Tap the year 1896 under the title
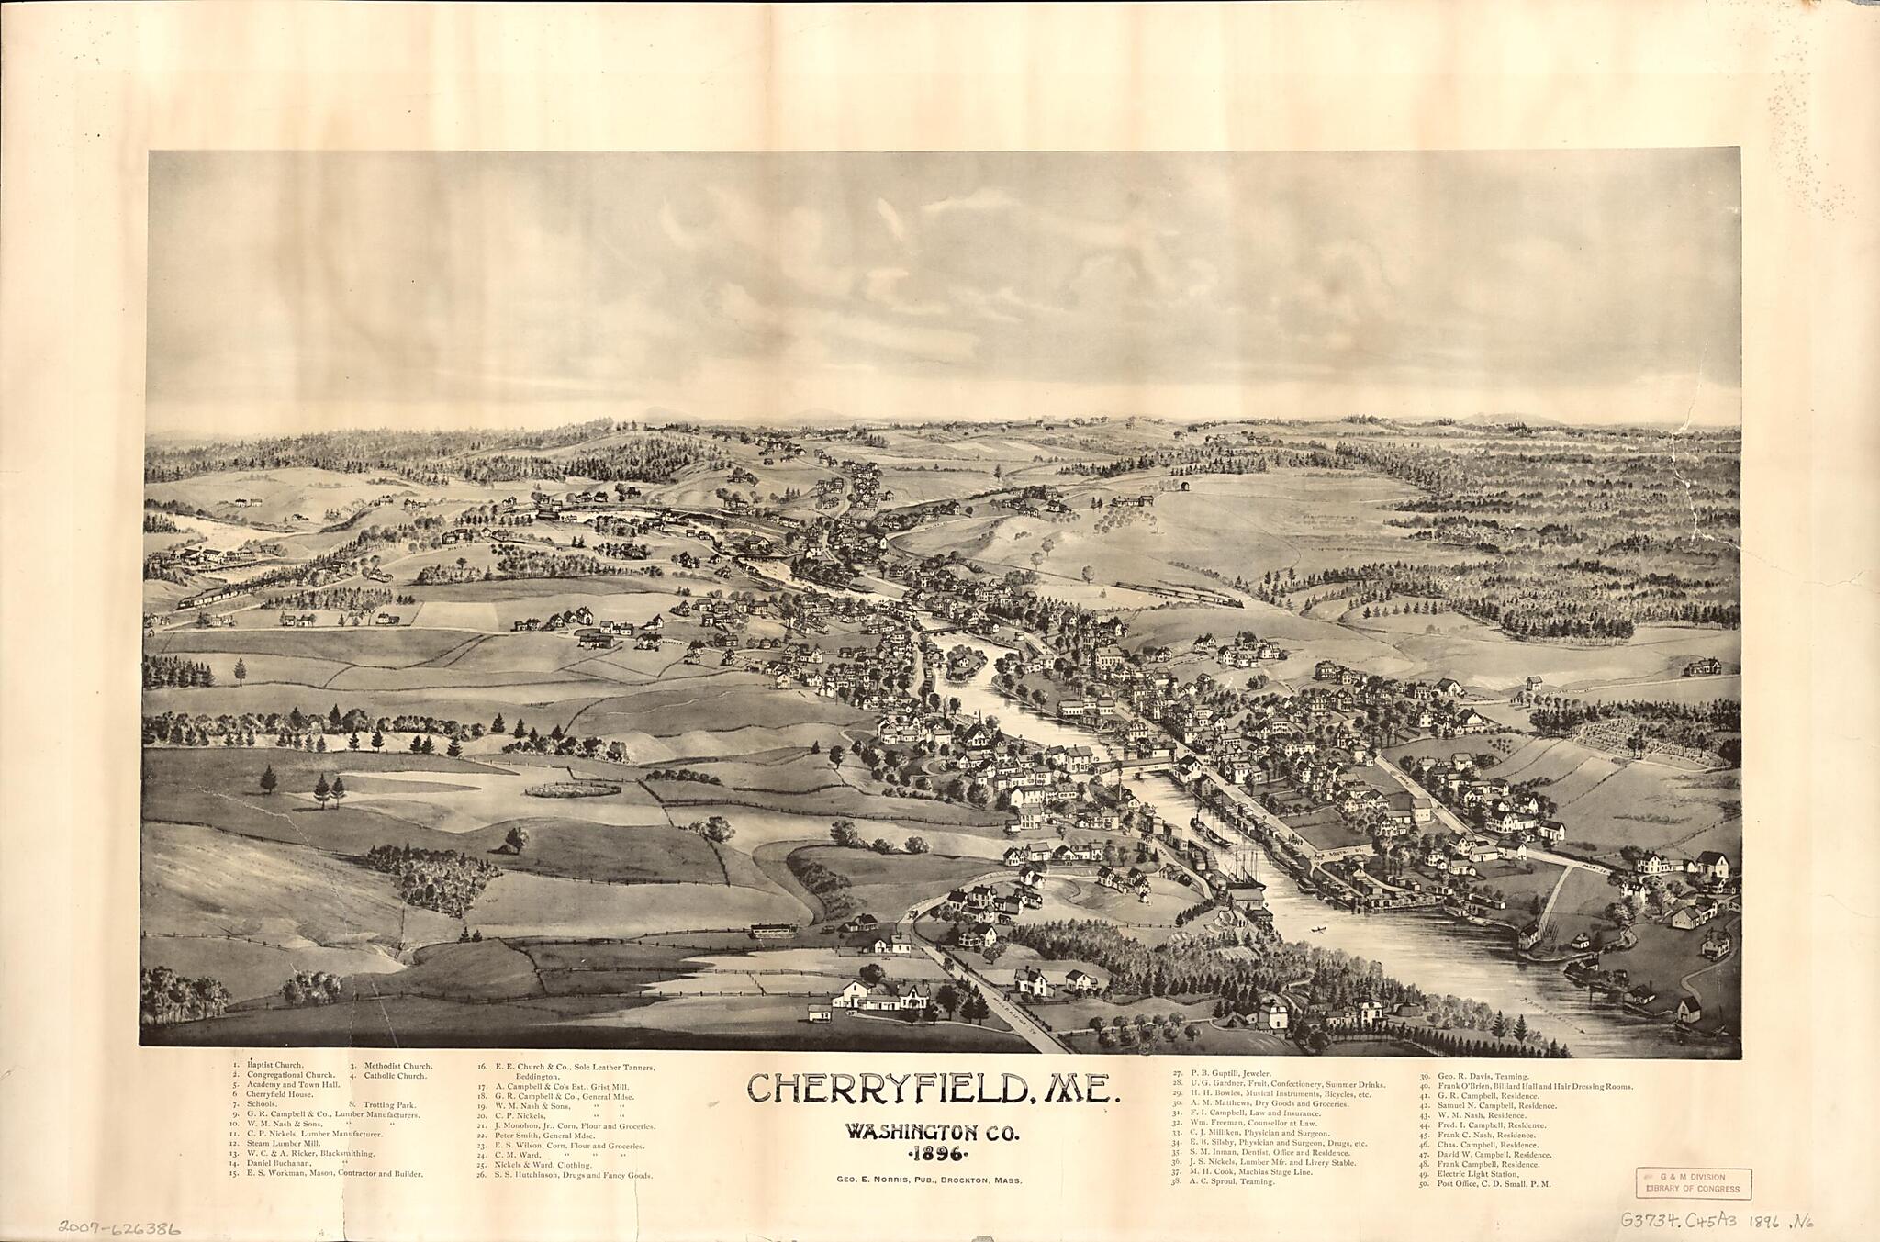(x=934, y=1154)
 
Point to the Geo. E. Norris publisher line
(x=929, y=1180)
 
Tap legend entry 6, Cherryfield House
(x=279, y=1094)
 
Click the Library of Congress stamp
(x=1693, y=1183)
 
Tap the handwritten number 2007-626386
(x=118, y=1226)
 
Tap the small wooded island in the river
(x=965, y=660)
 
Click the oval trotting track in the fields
(x=573, y=789)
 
